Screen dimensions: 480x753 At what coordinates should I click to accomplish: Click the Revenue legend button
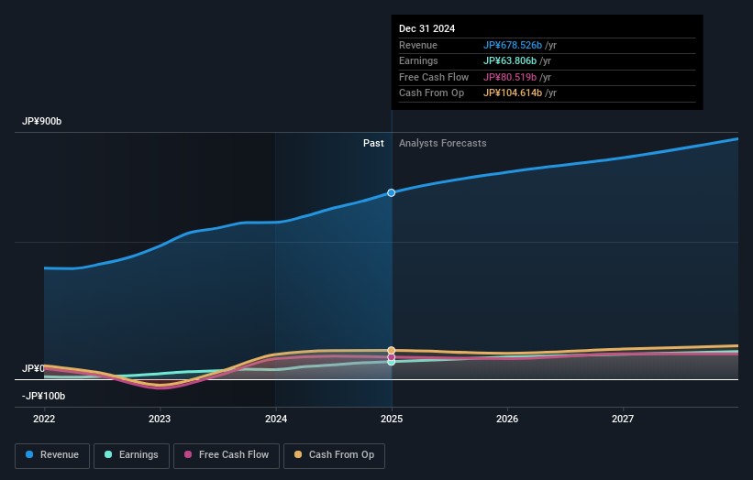tap(52, 455)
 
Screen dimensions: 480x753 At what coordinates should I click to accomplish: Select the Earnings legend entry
tap(132, 455)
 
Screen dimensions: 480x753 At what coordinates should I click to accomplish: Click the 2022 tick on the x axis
tap(44, 420)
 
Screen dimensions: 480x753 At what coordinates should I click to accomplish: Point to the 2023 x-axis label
tap(160, 420)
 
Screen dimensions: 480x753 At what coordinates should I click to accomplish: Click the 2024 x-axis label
tap(276, 420)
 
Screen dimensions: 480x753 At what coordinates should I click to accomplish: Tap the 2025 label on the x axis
tap(392, 420)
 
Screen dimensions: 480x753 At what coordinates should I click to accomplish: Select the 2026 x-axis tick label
tap(507, 420)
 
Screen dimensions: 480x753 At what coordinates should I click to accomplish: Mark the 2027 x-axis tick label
tap(623, 420)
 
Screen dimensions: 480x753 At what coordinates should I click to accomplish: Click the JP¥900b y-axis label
tap(42, 122)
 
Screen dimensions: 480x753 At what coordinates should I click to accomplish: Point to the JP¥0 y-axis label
tap(33, 368)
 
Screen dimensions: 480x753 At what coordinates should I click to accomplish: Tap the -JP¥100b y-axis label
tap(45, 396)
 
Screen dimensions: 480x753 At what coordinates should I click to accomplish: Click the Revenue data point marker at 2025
tap(392, 192)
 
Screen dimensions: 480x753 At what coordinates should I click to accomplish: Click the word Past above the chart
tap(373, 143)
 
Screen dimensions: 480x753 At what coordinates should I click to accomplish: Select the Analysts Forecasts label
tap(442, 143)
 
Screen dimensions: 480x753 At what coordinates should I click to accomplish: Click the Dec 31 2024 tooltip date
tap(427, 29)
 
